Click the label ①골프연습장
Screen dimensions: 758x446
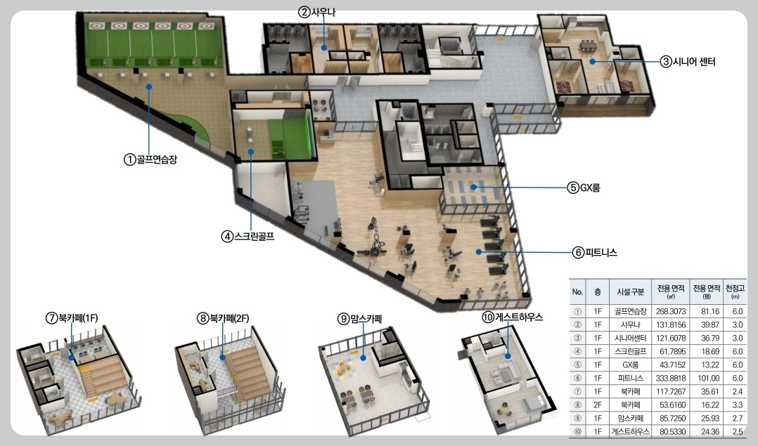[150, 159]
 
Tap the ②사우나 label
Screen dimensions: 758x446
[316, 12]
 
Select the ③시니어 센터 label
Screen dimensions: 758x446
[688, 61]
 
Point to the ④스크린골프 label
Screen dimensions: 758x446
[248, 237]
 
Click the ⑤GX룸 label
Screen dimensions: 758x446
[584, 188]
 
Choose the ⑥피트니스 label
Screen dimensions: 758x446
[595, 252]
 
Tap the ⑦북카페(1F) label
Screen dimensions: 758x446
[72, 318]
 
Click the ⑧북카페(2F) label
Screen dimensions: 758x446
[224, 318]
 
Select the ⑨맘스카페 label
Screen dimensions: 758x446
[360, 319]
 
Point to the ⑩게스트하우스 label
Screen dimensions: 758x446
[513, 317]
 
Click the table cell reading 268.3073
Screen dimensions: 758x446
[671, 312]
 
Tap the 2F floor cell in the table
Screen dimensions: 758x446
[598, 405]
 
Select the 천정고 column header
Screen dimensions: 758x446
[735, 291]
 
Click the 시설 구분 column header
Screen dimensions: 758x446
[630, 291]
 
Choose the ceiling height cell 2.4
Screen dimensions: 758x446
[737, 391]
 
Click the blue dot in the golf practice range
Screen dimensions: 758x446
[149, 87]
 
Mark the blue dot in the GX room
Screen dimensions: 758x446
[474, 188]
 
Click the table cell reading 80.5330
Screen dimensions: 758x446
[671, 431]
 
